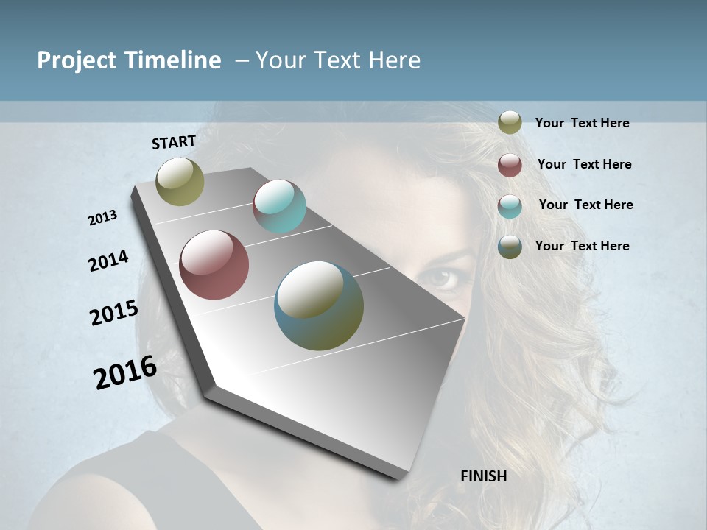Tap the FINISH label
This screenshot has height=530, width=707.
click(483, 476)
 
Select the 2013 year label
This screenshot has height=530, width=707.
click(103, 218)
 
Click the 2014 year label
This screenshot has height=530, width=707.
click(108, 261)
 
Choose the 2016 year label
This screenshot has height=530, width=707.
click(125, 372)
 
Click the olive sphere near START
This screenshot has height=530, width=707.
click(180, 181)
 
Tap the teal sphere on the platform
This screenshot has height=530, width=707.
click(279, 206)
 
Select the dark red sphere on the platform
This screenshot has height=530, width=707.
click(214, 265)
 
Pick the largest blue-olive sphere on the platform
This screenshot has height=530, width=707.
click(319, 305)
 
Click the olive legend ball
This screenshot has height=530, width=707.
click(510, 122)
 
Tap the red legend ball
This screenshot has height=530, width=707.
click(510, 165)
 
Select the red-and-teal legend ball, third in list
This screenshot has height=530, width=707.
click(510, 205)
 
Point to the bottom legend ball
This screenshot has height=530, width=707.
click(510, 247)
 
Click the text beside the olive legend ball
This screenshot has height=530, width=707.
click(582, 123)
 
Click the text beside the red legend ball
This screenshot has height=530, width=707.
click(584, 164)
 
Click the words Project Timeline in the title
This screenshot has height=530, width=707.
click(129, 60)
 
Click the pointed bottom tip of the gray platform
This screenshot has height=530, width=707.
click(401, 477)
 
